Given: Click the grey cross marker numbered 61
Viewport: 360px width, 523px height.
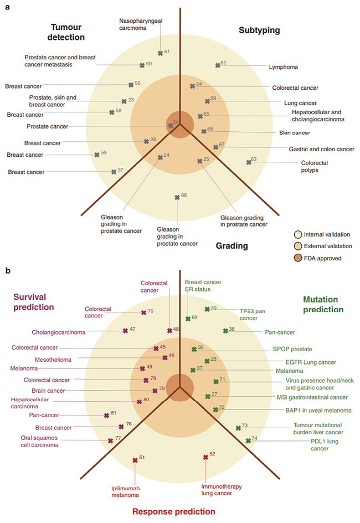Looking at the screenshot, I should coord(160,53).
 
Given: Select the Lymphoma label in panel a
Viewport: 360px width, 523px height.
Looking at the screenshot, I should coord(284,67).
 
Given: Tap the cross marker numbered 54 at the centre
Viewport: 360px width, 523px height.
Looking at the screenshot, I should coord(171,125).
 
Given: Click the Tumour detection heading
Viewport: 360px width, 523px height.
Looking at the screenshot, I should coord(68,32).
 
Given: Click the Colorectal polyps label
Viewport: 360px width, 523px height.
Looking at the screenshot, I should coord(314,166).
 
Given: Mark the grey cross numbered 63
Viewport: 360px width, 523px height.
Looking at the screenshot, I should coord(248,162).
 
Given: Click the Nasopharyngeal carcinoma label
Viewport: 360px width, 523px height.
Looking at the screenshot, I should coord(137,25).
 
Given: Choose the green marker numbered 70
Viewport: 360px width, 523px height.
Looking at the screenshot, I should coord(207,309).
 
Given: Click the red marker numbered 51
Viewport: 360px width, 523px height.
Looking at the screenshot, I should coord(135,460).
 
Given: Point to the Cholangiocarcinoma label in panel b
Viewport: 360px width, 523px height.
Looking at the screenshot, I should coord(59,332).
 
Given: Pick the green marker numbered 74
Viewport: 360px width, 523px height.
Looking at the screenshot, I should coord(248,441).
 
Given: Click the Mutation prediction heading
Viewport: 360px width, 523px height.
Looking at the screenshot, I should coord(323,304).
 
